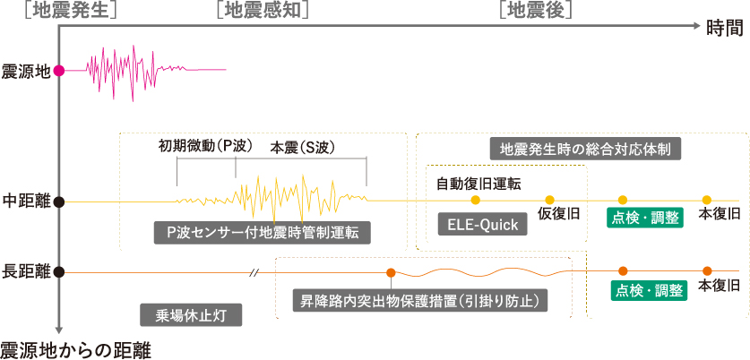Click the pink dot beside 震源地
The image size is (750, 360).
click(59, 71)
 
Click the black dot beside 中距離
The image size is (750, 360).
click(59, 201)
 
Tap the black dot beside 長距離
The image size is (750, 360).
click(59, 270)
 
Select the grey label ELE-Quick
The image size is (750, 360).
click(482, 225)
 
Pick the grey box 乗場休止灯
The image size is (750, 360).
click(193, 314)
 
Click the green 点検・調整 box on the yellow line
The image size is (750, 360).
click(646, 217)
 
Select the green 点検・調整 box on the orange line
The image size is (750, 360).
click(648, 290)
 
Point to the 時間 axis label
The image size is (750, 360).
click(724, 29)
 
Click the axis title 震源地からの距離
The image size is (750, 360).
click(75, 348)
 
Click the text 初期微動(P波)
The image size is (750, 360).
click(205, 145)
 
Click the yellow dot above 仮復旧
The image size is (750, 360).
click(549, 200)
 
